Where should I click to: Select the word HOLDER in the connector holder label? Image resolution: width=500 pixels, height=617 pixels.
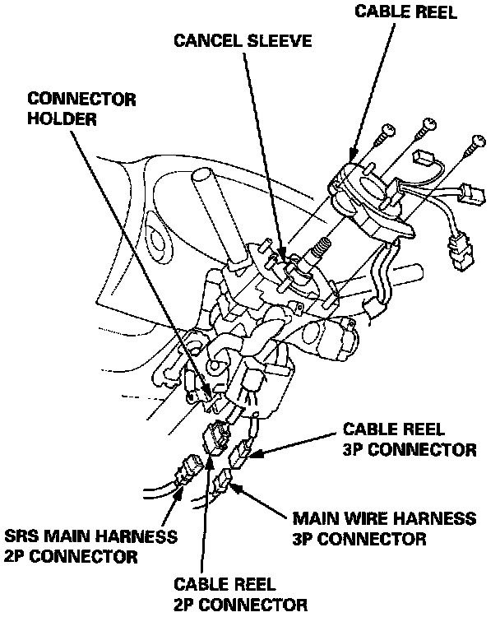coord(58,118)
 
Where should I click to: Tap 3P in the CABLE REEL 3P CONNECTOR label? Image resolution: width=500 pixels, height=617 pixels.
coord(358,449)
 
